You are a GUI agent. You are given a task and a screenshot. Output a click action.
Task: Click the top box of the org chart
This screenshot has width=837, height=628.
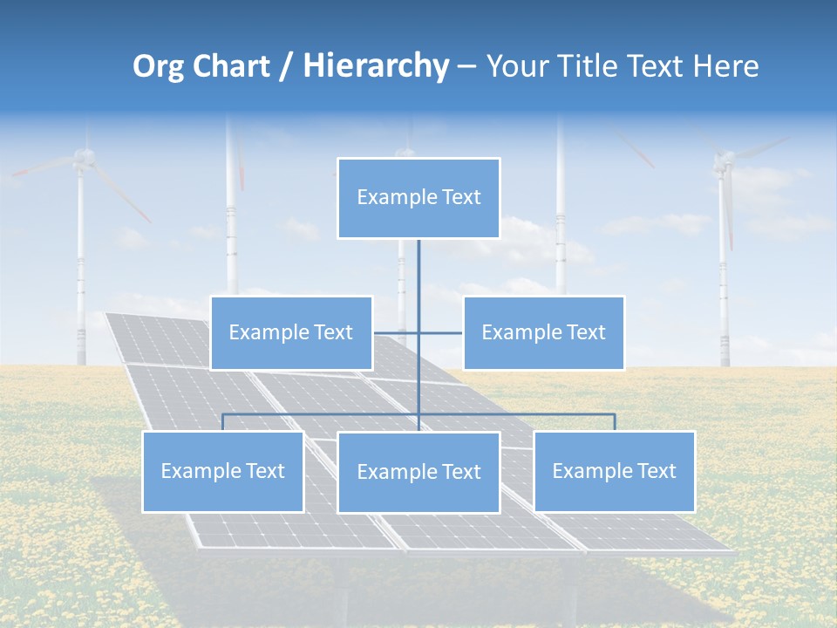(x=418, y=198)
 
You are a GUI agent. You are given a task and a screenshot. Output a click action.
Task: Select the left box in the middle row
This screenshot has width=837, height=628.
(x=291, y=332)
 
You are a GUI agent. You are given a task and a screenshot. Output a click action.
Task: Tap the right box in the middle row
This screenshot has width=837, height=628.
(x=543, y=332)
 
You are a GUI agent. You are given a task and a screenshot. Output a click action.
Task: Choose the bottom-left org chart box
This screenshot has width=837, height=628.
(x=222, y=471)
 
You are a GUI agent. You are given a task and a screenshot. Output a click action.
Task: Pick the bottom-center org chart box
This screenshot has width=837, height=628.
(x=418, y=472)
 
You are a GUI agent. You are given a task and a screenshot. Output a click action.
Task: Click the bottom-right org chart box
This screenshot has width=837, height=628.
(x=614, y=471)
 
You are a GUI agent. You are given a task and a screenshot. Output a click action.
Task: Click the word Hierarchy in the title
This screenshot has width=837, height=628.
(x=375, y=66)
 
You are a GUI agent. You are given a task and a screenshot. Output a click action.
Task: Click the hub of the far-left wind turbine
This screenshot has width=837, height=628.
(x=84, y=158)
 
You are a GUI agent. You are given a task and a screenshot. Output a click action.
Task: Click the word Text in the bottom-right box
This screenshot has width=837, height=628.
(x=657, y=471)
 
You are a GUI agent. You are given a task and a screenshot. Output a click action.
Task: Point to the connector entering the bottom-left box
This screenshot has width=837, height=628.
(x=222, y=422)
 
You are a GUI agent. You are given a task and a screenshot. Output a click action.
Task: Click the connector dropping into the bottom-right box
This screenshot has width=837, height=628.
(x=614, y=422)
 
